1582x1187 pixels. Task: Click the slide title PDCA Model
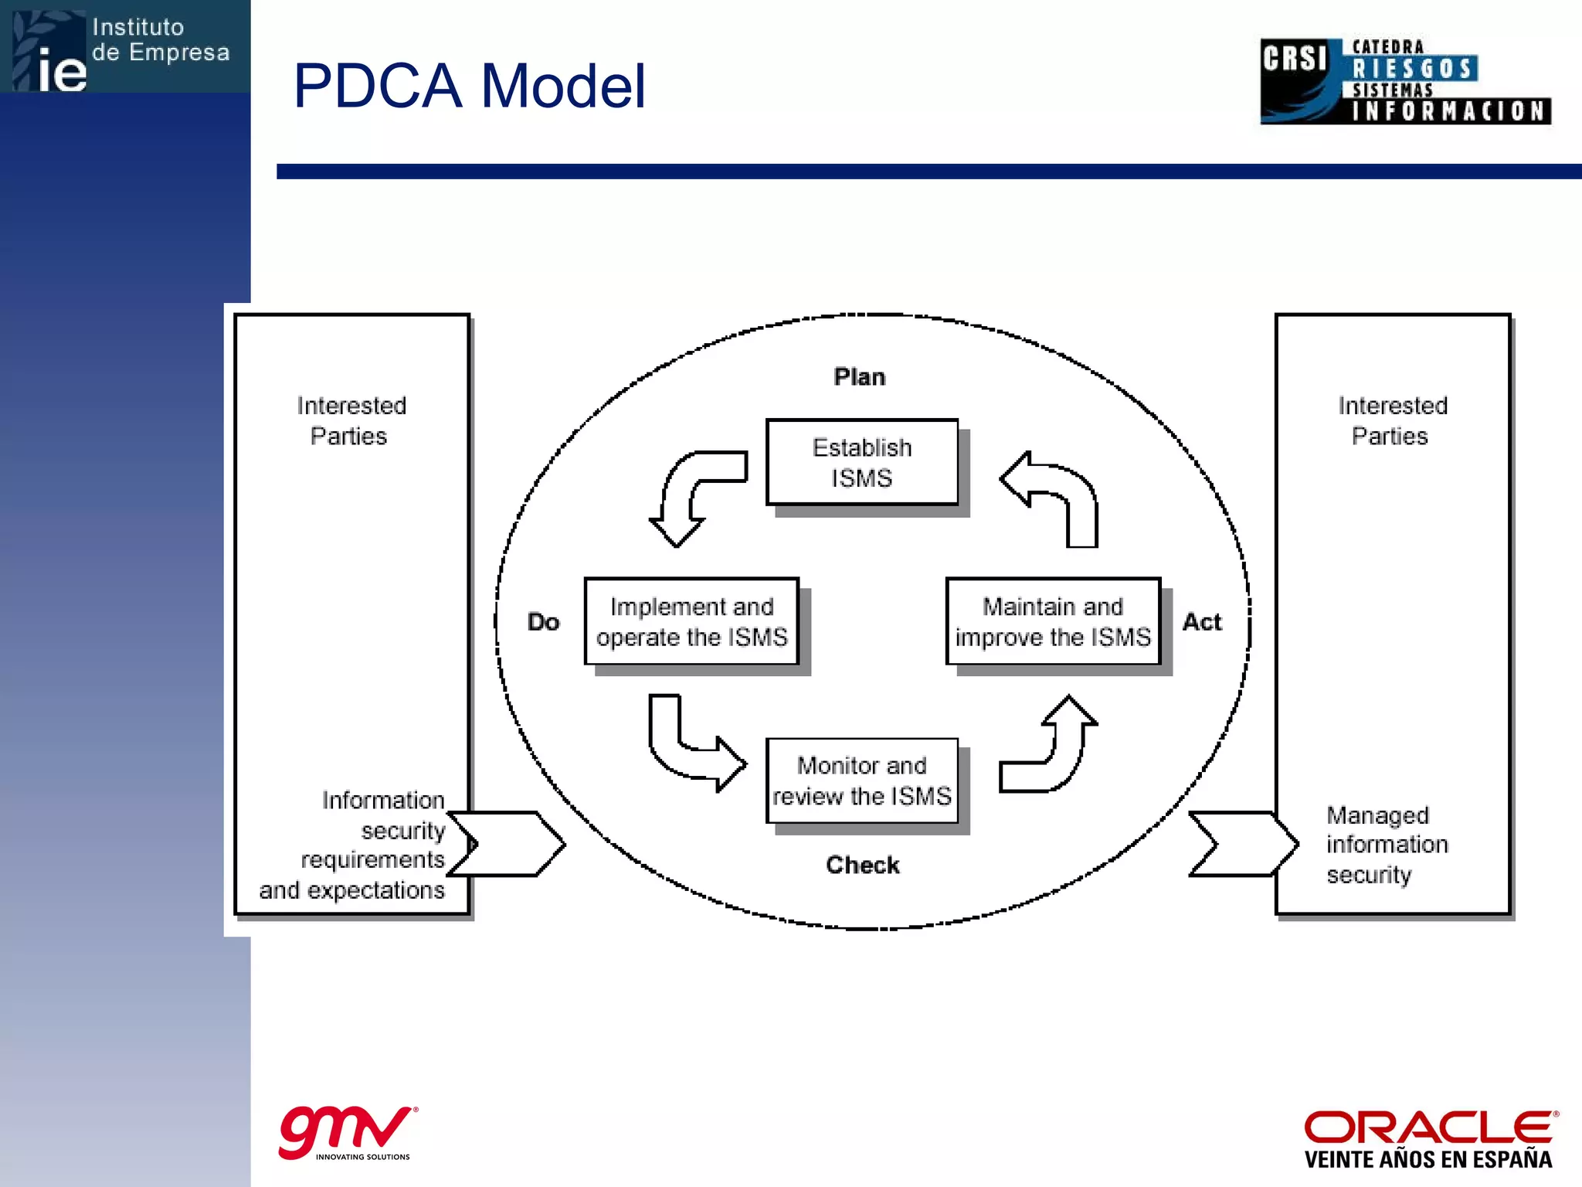(x=469, y=86)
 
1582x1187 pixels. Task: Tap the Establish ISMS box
(x=861, y=462)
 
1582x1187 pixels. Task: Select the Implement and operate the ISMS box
(x=691, y=621)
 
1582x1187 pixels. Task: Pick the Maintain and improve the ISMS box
(x=1053, y=621)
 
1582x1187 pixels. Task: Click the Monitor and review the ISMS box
(x=861, y=781)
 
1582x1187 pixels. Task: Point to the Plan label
(x=860, y=377)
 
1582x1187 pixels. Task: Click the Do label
(x=543, y=622)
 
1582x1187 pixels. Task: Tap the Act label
(x=1202, y=622)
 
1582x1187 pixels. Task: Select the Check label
(x=863, y=865)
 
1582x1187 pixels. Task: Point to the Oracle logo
(x=1430, y=1138)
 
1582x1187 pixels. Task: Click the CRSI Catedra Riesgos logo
(x=1405, y=82)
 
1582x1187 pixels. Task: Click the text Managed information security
(x=1387, y=845)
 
